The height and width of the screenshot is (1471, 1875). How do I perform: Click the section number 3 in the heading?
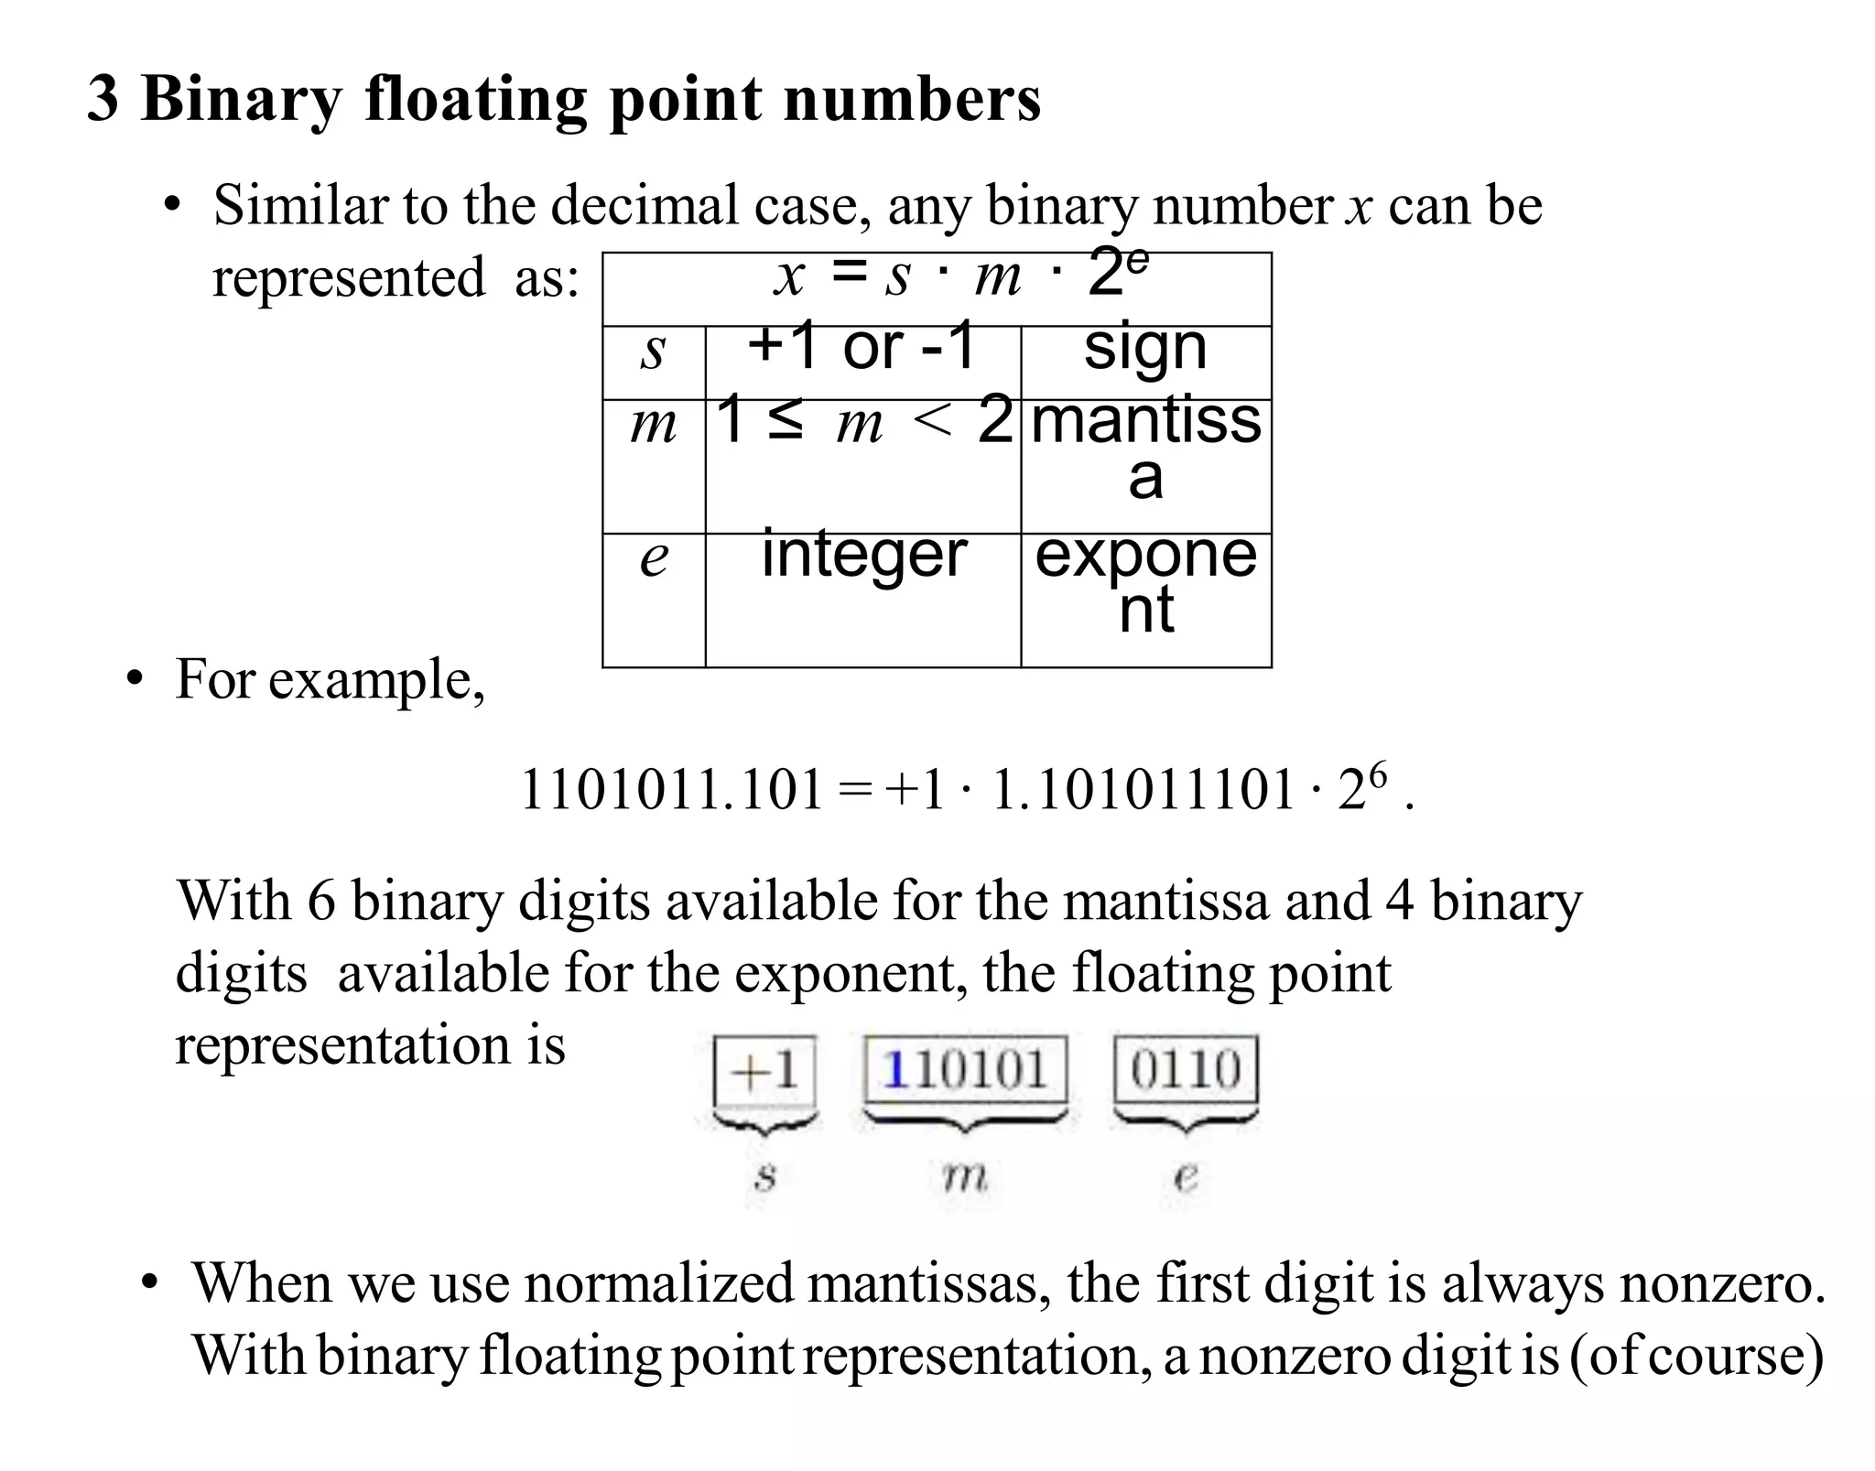[x=103, y=99]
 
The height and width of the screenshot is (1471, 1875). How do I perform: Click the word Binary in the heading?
[x=241, y=99]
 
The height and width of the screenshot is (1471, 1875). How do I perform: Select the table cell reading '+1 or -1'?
[x=862, y=348]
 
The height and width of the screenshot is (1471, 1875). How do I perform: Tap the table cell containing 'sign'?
[x=1145, y=348]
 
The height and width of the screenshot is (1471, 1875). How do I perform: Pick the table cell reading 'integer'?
[x=863, y=555]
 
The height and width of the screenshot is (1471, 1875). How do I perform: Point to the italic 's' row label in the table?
[x=653, y=351]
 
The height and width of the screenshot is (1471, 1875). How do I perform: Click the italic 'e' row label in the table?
[x=654, y=557]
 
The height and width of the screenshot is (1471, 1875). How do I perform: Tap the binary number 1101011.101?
[x=672, y=790]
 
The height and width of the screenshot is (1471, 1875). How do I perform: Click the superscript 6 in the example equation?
[x=1378, y=774]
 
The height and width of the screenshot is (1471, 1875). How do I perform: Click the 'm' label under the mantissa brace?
[x=965, y=1176]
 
